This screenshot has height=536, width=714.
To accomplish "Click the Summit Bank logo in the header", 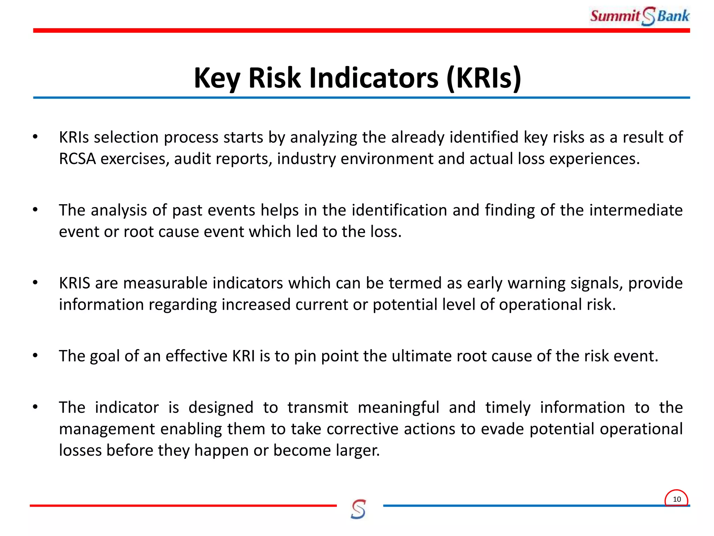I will [639, 16].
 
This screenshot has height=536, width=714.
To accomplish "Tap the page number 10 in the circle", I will [676, 499].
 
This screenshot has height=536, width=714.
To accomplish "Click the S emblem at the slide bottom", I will [358, 509].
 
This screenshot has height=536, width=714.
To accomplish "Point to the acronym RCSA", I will [77, 159].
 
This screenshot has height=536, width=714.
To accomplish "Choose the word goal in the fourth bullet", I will [105, 356].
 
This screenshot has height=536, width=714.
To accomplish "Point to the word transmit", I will [318, 408].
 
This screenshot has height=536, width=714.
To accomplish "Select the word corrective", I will [363, 429].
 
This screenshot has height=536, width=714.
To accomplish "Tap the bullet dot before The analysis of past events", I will [35, 210].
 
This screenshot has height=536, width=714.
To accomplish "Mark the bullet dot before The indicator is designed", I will [35, 407].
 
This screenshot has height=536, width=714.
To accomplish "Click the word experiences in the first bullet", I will [594, 159].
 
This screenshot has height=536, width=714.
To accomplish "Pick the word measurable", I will [165, 283].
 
